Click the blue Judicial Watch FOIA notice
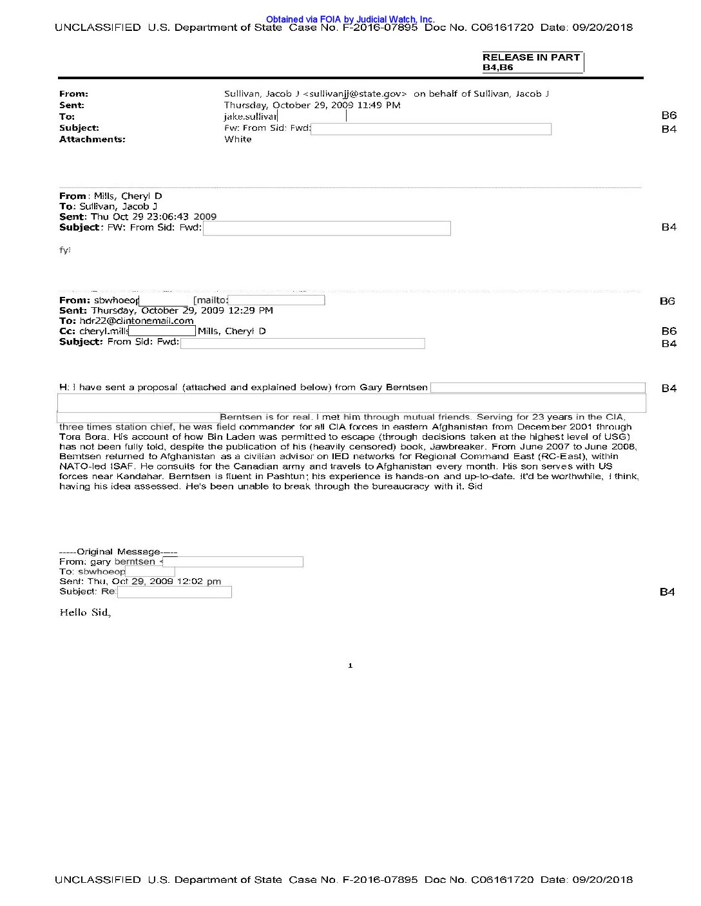[350, 19]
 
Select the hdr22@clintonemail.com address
[137, 321]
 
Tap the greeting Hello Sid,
[85, 612]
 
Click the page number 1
[350, 666]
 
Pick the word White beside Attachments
[238, 139]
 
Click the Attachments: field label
[92, 139]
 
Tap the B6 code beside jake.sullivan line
[669, 115]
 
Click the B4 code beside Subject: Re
[667, 592]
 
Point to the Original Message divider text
[118, 552]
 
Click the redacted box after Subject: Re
[174, 592]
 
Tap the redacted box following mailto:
[276, 300]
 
